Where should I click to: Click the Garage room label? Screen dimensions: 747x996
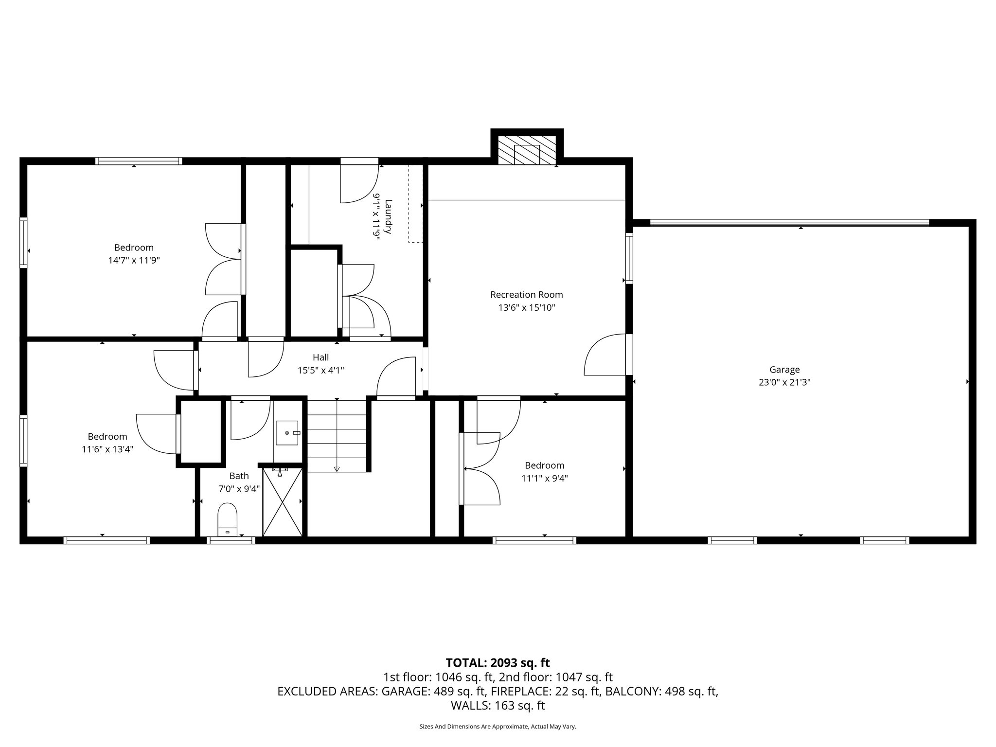tap(784, 370)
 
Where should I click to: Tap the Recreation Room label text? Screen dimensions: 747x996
tap(526, 295)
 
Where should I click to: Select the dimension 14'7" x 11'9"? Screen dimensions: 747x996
tap(134, 261)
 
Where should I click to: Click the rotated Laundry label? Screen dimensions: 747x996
tap(388, 216)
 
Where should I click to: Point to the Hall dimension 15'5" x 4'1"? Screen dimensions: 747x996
tap(320, 371)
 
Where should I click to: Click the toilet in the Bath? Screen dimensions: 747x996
tap(227, 518)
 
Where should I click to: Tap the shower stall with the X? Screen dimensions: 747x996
tap(282, 502)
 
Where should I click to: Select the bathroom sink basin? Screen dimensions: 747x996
tap(287, 433)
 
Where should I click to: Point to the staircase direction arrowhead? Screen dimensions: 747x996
tap(337, 469)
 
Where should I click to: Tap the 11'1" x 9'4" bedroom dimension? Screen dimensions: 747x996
tap(544, 479)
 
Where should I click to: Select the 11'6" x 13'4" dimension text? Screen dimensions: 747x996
tap(107, 450)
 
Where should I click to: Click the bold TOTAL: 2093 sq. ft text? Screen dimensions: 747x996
tap(498, 662)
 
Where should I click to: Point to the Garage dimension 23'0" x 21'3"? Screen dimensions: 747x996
tap(784, 383)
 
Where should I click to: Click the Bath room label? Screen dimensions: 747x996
tap(239, 476)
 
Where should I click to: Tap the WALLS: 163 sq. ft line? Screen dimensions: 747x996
tap(498, 705)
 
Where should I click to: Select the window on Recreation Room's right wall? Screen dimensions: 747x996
tap(629, 258)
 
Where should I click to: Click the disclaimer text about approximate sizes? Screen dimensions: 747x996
tap(498, 727)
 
